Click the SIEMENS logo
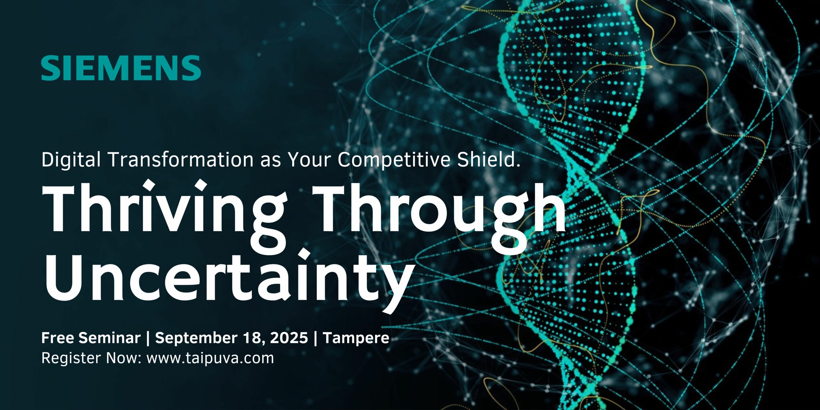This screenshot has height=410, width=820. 121,68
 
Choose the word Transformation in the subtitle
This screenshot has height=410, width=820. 181,159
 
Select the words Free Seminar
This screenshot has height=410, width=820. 91,338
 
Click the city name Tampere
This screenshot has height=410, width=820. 356,338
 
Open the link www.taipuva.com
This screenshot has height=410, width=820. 210,358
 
